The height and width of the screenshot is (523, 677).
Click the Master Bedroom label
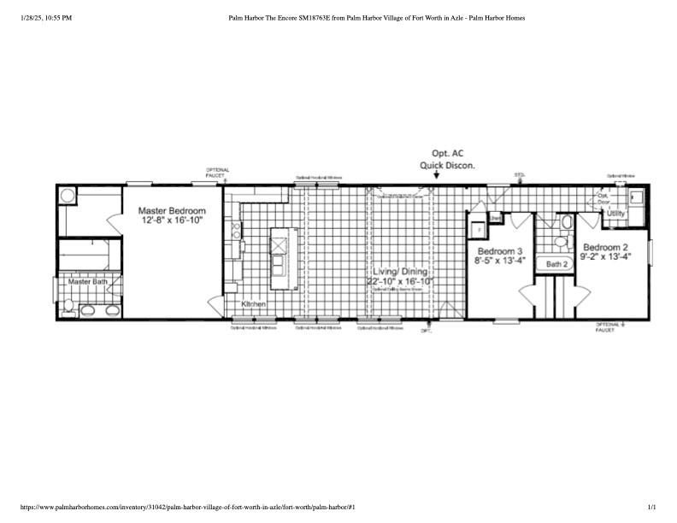click(x=174, y=210)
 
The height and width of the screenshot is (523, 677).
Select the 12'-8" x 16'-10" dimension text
click(x=174, y=220)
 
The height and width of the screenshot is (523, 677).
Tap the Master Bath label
click(x=88, y=281)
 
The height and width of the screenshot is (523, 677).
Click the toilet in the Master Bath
click(x=68, y=306)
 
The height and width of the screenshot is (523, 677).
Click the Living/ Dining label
click(x=400, y=271)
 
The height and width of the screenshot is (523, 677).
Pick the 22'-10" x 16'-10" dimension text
click(x=400, y=281)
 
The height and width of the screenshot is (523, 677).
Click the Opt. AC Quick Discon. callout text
click(x=447, y=160)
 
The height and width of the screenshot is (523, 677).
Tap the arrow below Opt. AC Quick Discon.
click(x=436, y=176)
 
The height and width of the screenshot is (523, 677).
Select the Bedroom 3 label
click(x=500, y=251)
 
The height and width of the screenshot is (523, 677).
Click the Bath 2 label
click(x=557, y=265)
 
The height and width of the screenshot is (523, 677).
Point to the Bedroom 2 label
click(x=606, y=246)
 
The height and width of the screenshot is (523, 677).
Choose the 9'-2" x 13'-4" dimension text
click(x=606, y=256)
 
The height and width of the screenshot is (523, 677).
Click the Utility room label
click(x=615, y=213)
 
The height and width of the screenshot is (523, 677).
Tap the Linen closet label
click(x=494, y=218)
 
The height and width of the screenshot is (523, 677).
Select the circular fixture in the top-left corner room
click(x=68, y=196)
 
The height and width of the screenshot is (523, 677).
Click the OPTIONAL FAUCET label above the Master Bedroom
click(x=217, y=172)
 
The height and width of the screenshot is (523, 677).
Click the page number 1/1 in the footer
click(x=654, y=508)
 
